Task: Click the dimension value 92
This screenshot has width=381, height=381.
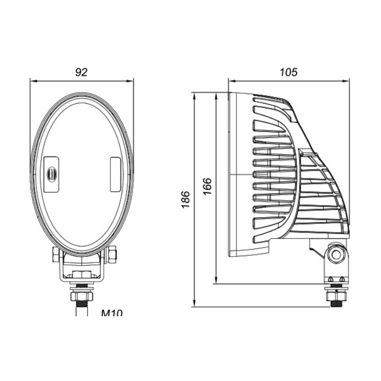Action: click(x=81, y=72)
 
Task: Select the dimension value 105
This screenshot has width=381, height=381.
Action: click(x=289, y=72)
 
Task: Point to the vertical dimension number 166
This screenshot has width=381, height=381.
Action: click(x=207, y=187)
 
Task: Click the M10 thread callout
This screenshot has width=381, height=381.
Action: click(x=112, y=314)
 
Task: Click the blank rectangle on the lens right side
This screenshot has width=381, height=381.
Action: click(x=115, y=174)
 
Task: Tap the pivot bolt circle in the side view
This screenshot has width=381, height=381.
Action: click(x=336, y=254)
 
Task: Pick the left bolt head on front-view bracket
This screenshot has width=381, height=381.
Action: click(x=55, y=254)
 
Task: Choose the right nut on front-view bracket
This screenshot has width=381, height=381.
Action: click(x=112, y=255)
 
